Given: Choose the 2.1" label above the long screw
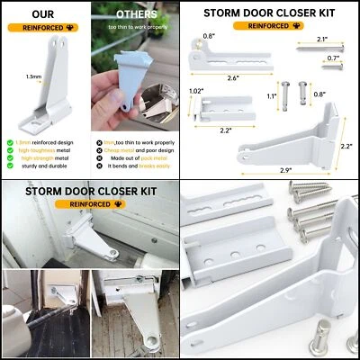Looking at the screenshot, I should point(322,40).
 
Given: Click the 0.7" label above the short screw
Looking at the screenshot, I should point(334,58).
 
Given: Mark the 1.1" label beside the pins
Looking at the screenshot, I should point(273,94).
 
